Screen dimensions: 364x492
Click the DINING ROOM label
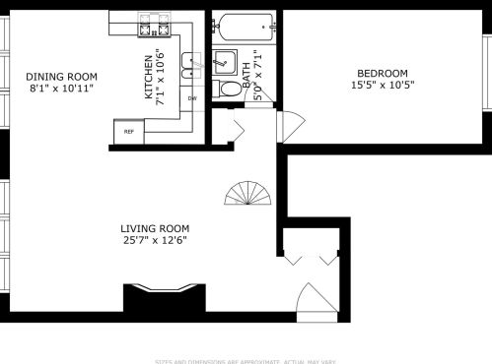(61, 77)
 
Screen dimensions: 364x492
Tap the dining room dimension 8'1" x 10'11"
(61, 90)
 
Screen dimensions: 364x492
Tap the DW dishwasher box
(192, 98)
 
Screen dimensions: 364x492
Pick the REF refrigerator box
(128, 131)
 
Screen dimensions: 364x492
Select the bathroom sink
(225, 61)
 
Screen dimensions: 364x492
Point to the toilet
(229, 90)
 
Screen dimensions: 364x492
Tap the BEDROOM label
(382, 73)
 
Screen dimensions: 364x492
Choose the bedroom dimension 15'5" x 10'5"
(382, 86)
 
